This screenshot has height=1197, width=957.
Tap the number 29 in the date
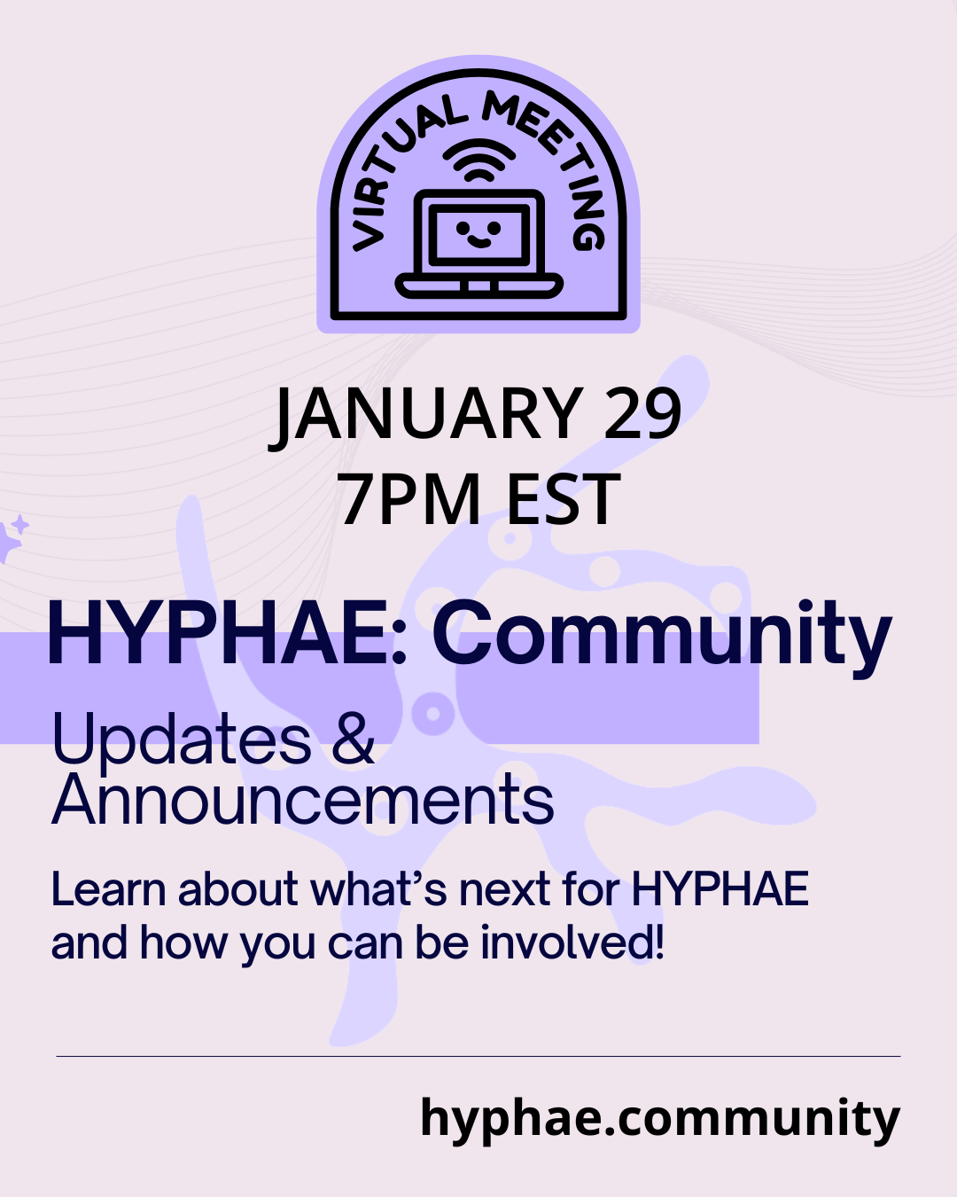coord(642,412)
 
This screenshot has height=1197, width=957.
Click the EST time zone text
coord(564,498)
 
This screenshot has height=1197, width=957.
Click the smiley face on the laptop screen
coord(478,232)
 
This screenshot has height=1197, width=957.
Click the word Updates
coord(182,739)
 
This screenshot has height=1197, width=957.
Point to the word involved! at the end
coord(572,943)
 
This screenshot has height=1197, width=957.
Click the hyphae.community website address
coord(660,1118)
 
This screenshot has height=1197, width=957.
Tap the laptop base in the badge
coord(478,286)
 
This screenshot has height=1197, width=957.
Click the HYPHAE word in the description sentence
coord(720,889)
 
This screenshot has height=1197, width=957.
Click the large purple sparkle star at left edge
coord(8,542)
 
